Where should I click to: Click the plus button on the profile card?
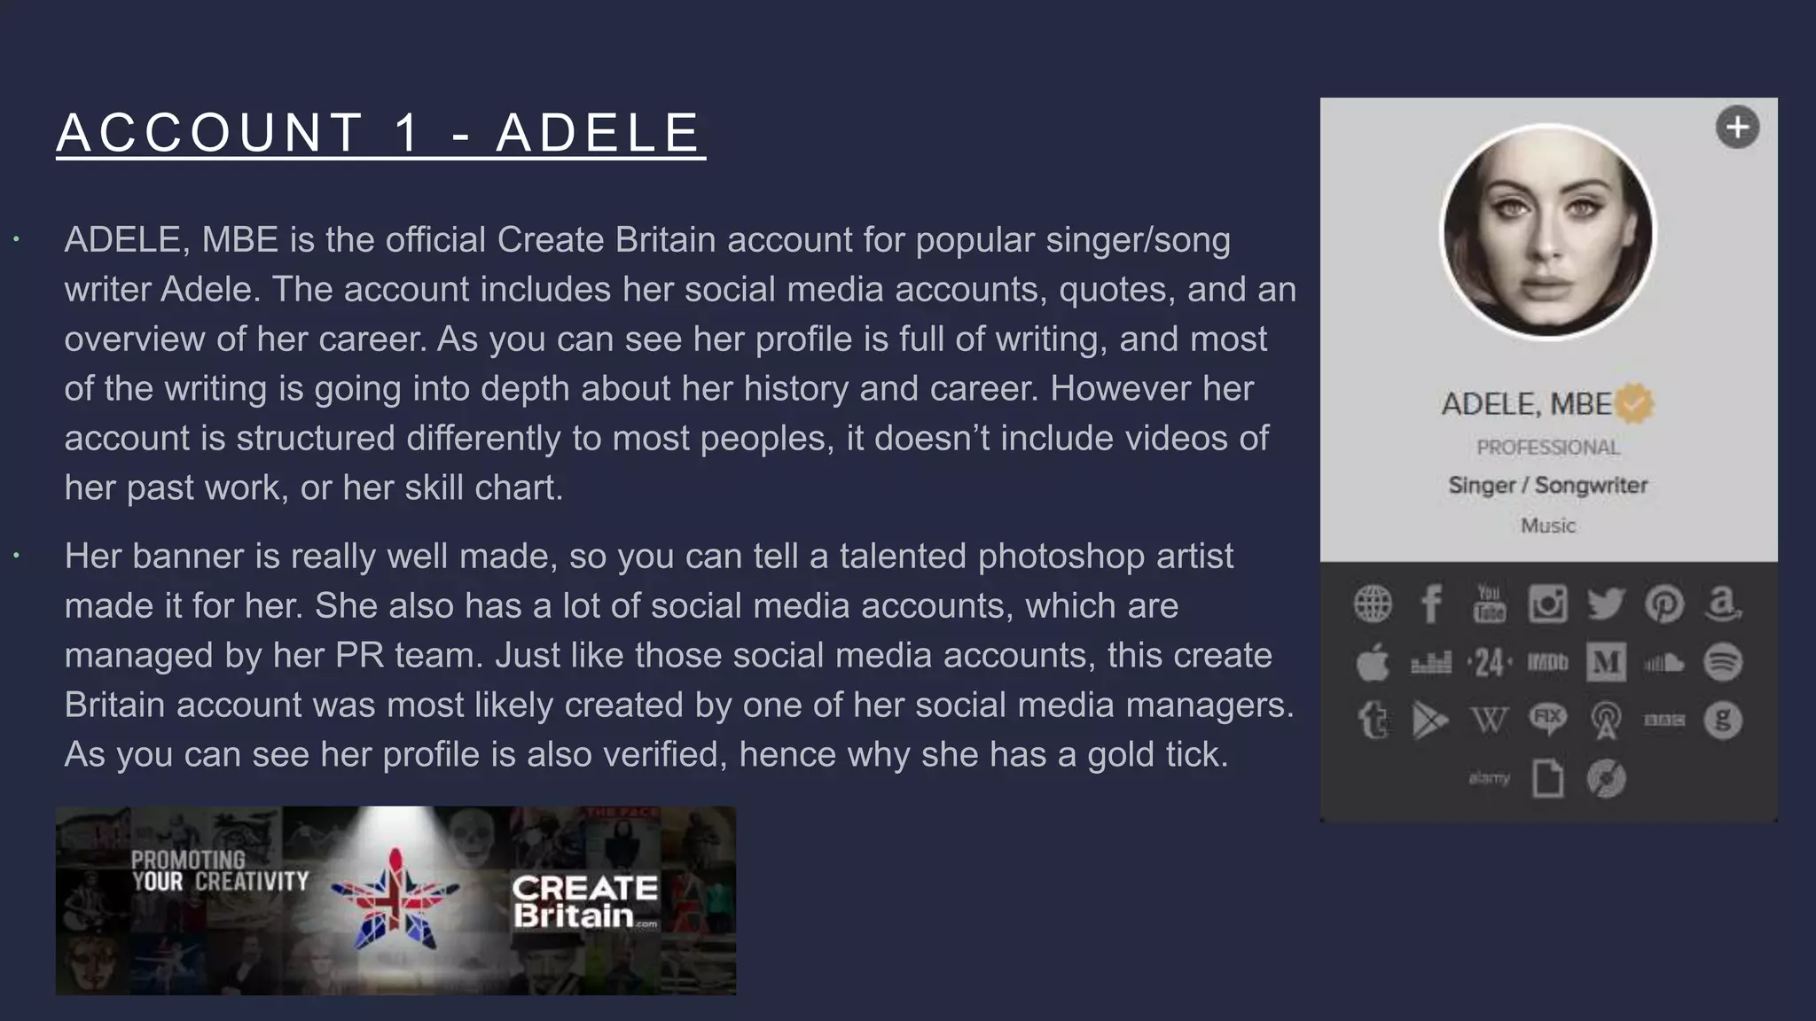pyautogui.click(x=1737, y=128)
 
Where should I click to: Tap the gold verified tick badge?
pyautogui.click(x=1634, y=404)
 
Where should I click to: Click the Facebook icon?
pyautogui.click(x=1430, y=604)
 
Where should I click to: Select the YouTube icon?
pyautogui.click(x=1489, y=604)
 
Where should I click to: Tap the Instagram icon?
pyautogui.click(x=1547, y=604)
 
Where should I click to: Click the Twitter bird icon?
pyautogui.click(x=1606, y=604)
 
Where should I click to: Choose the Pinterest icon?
pyautogui.click(x=1664, y=604)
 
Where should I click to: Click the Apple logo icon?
pyautogui.click(x=1373, y=663)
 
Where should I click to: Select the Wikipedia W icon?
pyautogui.click(x=1489, y=721)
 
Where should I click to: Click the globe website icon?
pyautogui.click(x=1373, y=604)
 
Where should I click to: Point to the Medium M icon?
pyautogui.click(x=1606, y=663)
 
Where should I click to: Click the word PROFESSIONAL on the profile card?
pyautogui.click(x=1548, y=448)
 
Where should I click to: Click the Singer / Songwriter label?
pyautogui.click(x=1548, y=486)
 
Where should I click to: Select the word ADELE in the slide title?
pyautogui.click(x=599, y=133)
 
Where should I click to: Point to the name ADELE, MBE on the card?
pyautogui.click(x=1526, y=404)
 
